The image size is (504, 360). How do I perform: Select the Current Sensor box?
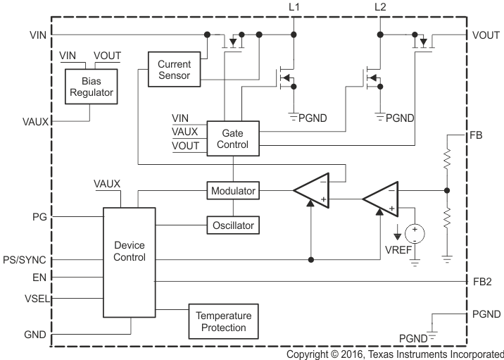(x=174, y=69)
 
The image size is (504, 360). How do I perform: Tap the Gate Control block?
(x=232, y=137)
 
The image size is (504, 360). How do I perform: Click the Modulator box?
(x=232, y=190)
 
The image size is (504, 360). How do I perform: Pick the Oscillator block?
(x=232, y=225)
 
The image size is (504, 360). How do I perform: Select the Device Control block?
(x=130, y=252)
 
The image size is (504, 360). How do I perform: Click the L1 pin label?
(x=294, y=7)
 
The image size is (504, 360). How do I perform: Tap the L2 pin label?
(x=381, y=7)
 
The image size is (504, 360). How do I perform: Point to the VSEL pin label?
(x=35, y=298)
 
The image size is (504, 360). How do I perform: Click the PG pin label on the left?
(x=39, y=217)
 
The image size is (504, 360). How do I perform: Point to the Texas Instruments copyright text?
(x=395, y=354)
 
